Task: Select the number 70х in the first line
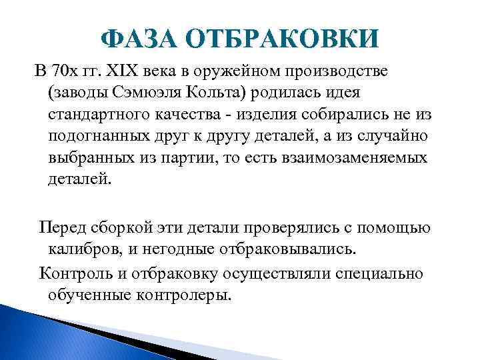click(70, 70)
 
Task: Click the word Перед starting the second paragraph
click(63, 228)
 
